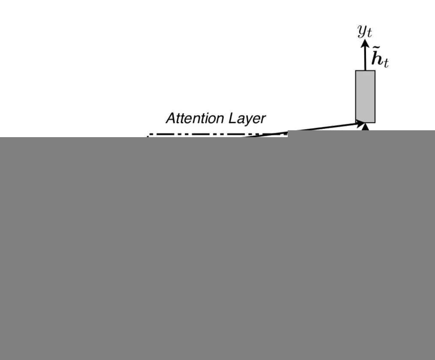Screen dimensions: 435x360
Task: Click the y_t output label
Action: pos(365,31)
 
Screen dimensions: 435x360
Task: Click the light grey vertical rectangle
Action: pos(365,96)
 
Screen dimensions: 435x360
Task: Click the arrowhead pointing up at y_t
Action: pos(365,43)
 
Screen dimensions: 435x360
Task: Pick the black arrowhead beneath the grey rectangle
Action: pos(365,126)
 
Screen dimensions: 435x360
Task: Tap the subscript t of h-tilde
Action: pos(386,64)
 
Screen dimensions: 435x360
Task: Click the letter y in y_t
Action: pos(362,31)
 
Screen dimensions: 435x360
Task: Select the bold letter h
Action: pos(377,59)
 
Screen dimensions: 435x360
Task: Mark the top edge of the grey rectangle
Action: pos(365,71)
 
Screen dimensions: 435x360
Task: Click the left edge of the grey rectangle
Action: pos(356,96)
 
